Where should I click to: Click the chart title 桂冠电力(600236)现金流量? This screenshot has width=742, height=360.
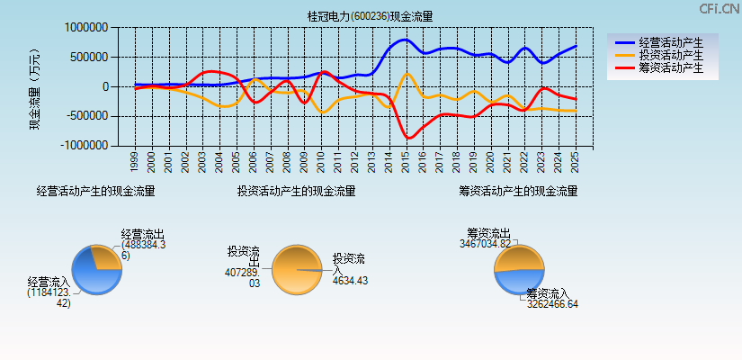[x=370, y=16]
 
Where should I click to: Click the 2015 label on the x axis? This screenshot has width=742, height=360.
[x=406, y=162]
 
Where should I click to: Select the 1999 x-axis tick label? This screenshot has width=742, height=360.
[x=134, y=162]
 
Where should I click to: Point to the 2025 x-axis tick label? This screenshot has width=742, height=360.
[x=576, y=162]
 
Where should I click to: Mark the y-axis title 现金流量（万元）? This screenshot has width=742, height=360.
[x=35, y=87]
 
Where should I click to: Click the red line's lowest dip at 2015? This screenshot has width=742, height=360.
[x=408, y=138]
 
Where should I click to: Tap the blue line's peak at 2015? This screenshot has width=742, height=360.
[x=405, y=40]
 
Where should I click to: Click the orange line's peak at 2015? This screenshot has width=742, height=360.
[x=407, y=73]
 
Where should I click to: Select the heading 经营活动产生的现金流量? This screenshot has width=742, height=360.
[x=95, y=192]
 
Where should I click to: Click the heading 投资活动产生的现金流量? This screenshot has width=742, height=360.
[x=296, y=192]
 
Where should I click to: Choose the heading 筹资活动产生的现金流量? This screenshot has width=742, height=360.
[x=518, y=192]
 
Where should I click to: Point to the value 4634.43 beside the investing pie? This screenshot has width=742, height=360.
[x=350, y=281]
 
